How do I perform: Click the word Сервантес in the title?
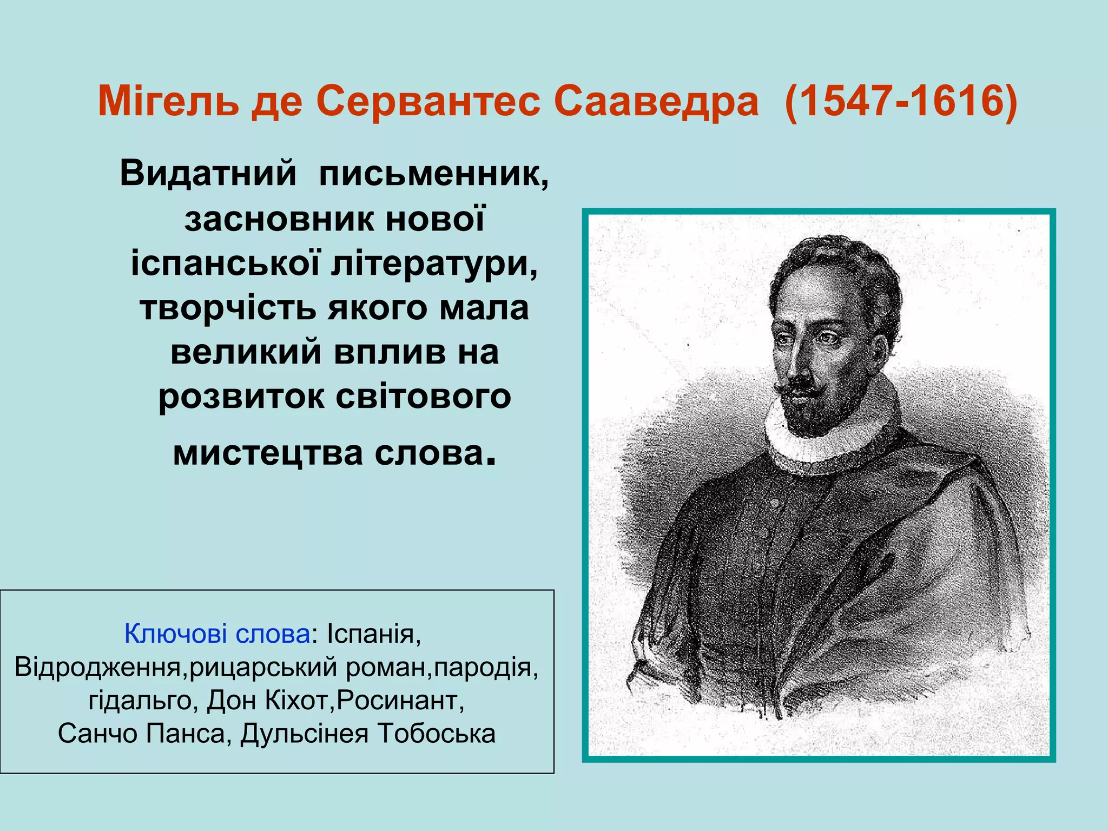coord(428,101)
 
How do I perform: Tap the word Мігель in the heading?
coord(168,101)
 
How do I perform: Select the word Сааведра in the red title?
coord(656,101)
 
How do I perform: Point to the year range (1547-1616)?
coord(901,101)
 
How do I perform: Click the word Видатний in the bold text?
coord(208,174)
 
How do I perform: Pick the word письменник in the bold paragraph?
coord(433,174)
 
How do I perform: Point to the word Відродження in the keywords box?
coord(101,667)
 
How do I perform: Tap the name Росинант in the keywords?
coord(400,700)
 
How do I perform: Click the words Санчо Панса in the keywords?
coord(141,734)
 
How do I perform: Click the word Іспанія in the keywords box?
coord(373,633)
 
